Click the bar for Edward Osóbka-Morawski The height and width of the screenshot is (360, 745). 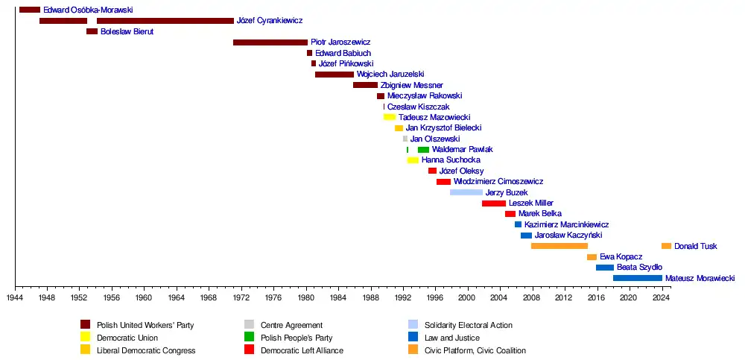tap(30, 10)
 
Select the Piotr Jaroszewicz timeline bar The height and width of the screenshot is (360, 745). tap(270, 42)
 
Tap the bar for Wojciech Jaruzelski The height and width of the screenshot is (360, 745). tap(334, 75)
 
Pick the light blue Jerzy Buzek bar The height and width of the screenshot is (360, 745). tap(466, 192)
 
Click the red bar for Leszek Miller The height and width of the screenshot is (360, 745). tap(493, 203)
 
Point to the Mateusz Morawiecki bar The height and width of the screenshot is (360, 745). tap(637, 278)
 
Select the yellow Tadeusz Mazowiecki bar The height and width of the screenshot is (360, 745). tap(389, 117)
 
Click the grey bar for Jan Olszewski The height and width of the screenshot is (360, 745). tap(405, 139)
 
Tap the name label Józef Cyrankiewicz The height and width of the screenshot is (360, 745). tap(269, 21)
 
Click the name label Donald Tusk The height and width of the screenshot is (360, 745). tap(696, 246)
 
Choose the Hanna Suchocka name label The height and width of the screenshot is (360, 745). tap(451, 160)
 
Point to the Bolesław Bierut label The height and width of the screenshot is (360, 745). tap(127, 32)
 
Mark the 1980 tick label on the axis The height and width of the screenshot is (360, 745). tap(305, 297)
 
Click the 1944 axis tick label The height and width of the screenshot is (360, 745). tap(15, 297)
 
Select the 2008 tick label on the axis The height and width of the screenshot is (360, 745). tap(531, 297)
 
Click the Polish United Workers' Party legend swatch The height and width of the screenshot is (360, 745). tap(85, 324)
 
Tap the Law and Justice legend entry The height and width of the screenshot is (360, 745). tap(451, 338)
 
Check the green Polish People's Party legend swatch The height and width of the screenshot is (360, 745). tap(249, 337)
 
